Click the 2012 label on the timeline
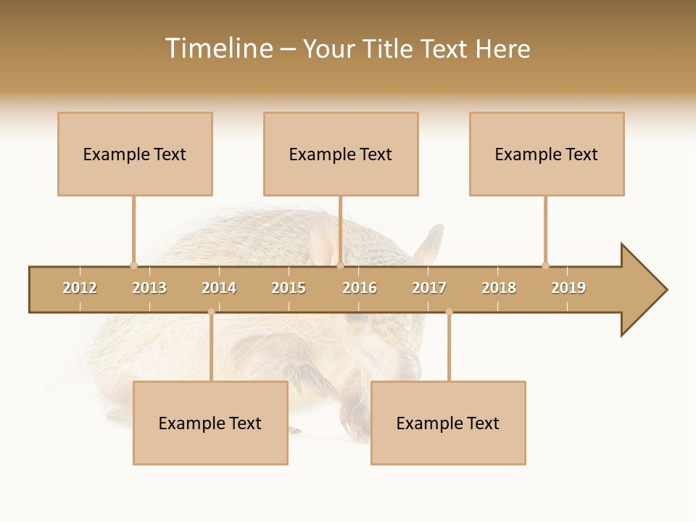(x=80, y=288)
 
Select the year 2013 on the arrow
(x=149, y=288)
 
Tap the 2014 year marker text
(x=219, y=288)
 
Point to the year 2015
(x=289, y=288)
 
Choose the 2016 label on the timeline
(x=360, y=288)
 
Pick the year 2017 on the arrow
(x=429, y=288)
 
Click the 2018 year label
(x=499, y=288)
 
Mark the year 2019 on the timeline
(x=568, y=288)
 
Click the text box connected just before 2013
(x=135, y=154)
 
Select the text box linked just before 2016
(x=341, y=154)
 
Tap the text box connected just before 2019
(x=547, y=154)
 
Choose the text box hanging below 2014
(x=210, y=423)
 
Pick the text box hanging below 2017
(x=448, y=423)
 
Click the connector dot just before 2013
(x=133, y=265)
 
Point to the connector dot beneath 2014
(x=211, y=312)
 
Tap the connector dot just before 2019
(x=545, y=265)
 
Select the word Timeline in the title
(x=217, y=49)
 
